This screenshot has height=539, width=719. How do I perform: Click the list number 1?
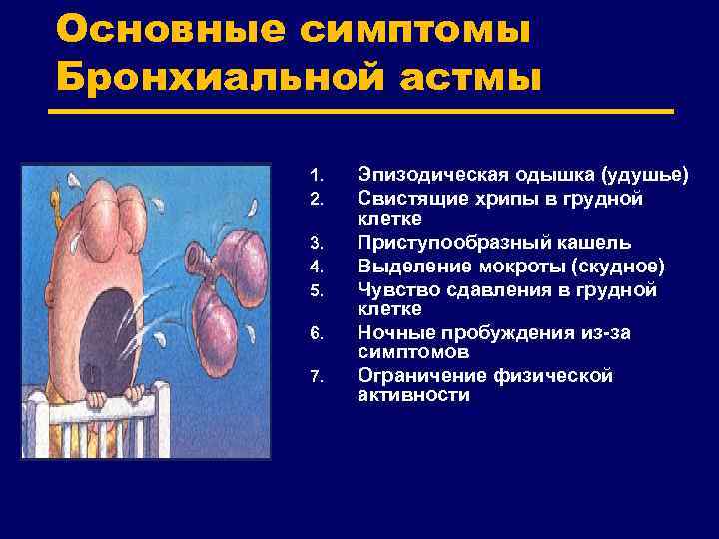315,176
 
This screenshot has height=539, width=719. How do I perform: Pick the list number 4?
315,267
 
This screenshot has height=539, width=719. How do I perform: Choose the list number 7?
315,377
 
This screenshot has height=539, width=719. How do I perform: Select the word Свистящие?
406,199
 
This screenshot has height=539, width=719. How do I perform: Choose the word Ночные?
390,332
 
